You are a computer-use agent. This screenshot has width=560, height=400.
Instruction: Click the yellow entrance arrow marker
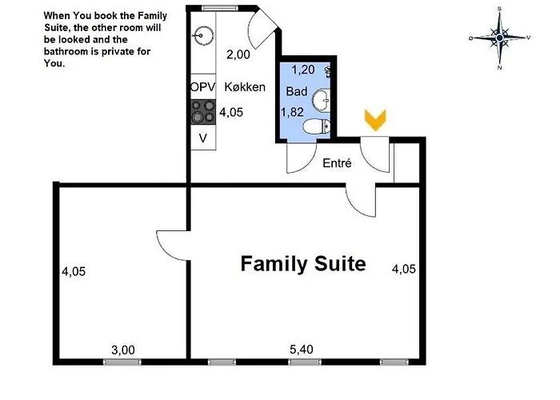(375, 120)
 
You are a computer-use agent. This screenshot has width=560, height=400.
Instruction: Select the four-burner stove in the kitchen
(203, 112)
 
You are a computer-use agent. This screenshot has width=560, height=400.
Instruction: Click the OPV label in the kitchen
(203, 86)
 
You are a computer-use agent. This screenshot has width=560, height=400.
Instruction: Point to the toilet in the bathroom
(317, 126)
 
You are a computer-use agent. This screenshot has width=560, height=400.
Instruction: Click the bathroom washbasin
(321, 100)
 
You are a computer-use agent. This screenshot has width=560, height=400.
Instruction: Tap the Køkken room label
(245, 86)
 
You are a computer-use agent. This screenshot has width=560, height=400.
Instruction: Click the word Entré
(337, 163)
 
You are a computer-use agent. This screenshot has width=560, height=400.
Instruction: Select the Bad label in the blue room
(297, 91)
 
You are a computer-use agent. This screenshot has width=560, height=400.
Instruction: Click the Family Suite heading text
(303, 263)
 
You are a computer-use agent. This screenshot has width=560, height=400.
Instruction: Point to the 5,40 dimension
(302, 349)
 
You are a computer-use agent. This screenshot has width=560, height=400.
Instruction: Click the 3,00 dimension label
(123, 350)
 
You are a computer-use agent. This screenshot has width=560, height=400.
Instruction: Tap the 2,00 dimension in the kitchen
(238, 54)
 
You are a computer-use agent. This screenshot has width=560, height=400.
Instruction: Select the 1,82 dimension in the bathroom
(292, 112)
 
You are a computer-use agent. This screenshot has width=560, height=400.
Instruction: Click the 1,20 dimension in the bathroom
(303, 70)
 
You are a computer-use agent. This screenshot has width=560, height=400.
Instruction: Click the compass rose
(500, 38)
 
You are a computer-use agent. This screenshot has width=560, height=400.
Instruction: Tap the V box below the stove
(203, 138)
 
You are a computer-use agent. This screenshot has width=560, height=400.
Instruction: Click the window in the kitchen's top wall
(220, 8)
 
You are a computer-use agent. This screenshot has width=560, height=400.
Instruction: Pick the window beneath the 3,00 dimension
(122, 362)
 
